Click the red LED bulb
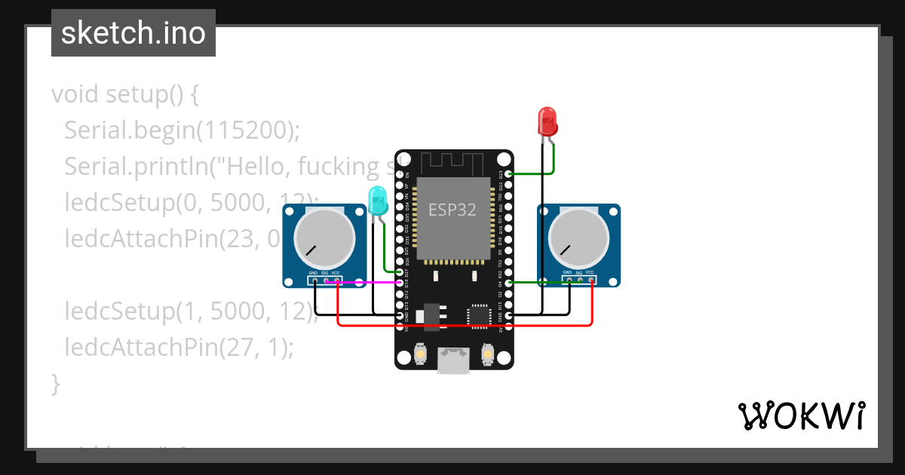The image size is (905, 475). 547,121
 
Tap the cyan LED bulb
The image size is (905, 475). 377,198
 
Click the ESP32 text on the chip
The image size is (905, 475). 452,210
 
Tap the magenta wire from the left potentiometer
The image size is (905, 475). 370,282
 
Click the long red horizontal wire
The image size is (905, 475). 464,326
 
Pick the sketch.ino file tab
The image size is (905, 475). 133,33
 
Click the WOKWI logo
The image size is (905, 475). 801,415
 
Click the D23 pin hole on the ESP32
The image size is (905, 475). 510,173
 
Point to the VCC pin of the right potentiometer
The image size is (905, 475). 591,281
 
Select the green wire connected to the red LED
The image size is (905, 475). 555,160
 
